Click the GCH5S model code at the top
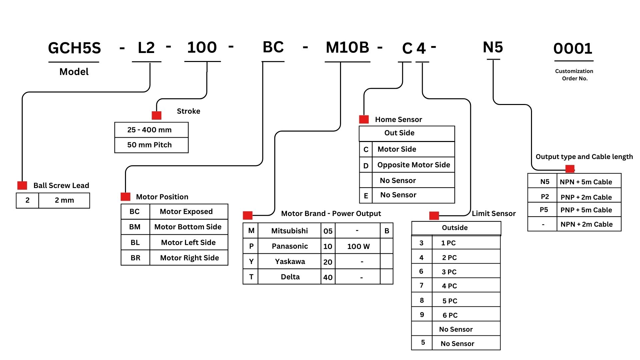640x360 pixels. [74, 48]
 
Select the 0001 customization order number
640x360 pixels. [573, 49]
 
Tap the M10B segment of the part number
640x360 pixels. [347, 47]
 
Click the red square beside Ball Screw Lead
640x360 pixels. [22, 185]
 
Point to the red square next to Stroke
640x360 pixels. [157, 115]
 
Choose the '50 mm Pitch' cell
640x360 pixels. [149, 145]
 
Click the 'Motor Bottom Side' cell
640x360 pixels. [188, 227]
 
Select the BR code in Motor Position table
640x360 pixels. [135, 258]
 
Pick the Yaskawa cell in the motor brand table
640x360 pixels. [290, 262]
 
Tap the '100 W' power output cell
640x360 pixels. [358, 246]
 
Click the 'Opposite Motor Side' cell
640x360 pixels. [413, 165]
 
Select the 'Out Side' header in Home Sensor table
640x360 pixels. [399, 133]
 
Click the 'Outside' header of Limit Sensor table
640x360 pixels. [455, 228]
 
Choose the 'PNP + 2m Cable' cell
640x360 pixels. [586, 197]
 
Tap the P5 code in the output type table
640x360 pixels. [544, 210]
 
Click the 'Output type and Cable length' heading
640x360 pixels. [584, 157]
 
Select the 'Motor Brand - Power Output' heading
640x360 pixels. [331, 214]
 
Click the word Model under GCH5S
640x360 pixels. [74, 72]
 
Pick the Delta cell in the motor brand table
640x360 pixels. [290, 277]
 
